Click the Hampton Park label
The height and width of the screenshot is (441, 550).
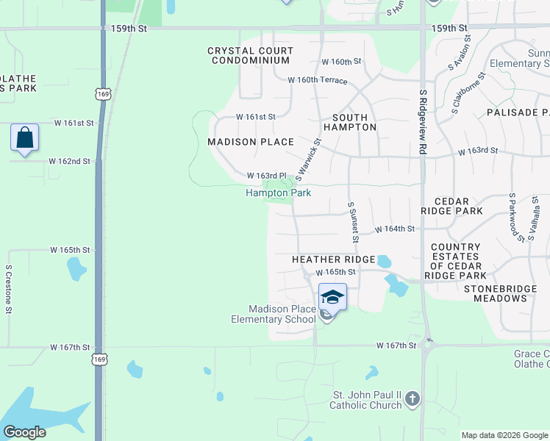tap(278, 193)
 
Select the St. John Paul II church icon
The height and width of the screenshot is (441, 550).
tap(413, 400)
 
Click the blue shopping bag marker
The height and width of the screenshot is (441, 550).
tap(24, 137)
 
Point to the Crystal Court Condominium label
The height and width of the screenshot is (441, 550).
tap(250, 56)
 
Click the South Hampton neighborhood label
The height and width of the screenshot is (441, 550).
tap(354, 122)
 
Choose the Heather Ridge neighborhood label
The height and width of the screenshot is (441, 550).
tap(333, 259)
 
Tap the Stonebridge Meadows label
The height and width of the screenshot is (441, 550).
tap(507, 293)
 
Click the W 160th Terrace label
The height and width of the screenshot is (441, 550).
tap(317, 80)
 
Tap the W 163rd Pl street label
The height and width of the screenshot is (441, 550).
tap(265, 176)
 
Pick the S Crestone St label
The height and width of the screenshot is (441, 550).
tap(9, 289)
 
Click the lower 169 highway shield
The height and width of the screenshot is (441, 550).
tap(100, 359)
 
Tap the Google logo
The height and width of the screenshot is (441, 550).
tap(24, 432)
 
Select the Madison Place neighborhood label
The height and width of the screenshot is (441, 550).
tap(250, 141)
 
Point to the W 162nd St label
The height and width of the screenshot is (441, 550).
tap(70, 161)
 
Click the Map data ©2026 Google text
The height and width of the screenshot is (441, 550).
tap(504, 435)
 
